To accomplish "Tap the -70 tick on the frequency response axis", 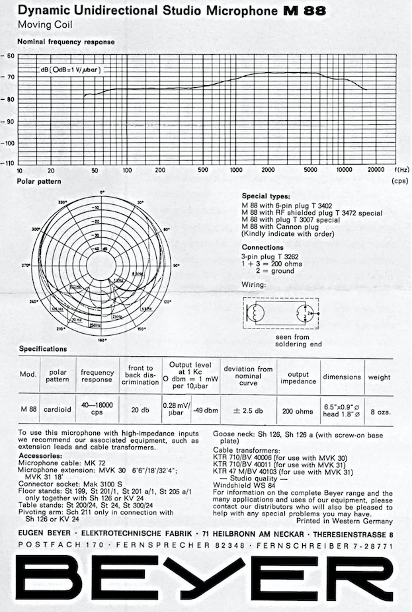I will pos(10,77).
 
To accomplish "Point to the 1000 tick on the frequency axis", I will pos(235,170).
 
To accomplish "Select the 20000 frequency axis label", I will pos(376,170).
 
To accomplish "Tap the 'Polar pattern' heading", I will pos(39,180).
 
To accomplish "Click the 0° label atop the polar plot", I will pos(102,192).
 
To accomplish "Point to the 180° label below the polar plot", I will pos(102,340).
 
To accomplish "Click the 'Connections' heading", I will pos(263,247).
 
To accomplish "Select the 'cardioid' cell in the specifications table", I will pos(58,410).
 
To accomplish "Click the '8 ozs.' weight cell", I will pos(380,411).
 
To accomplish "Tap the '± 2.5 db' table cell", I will pos(248,410).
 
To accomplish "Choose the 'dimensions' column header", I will pos(342,377).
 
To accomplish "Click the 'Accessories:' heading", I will pos(40,456).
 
